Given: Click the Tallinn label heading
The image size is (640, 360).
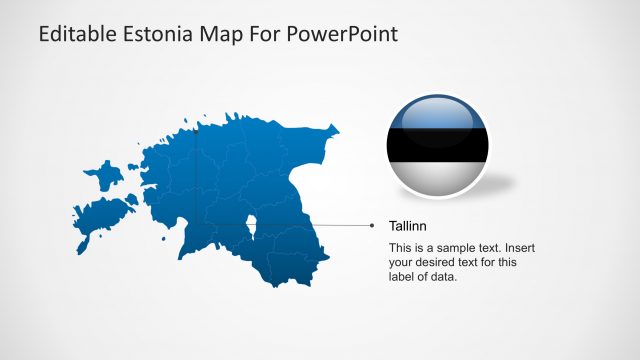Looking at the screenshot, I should (408, 227).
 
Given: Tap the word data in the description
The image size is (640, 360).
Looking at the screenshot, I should (441, 277).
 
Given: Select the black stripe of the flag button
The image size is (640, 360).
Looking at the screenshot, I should (439, 146).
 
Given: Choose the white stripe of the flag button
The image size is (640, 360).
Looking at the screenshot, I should (439, 178).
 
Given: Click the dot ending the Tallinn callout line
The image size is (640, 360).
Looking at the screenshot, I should (374, 226).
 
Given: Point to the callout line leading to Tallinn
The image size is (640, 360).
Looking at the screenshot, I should (310, 226).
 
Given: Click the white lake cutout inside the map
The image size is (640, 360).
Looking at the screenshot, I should (254, 228).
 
